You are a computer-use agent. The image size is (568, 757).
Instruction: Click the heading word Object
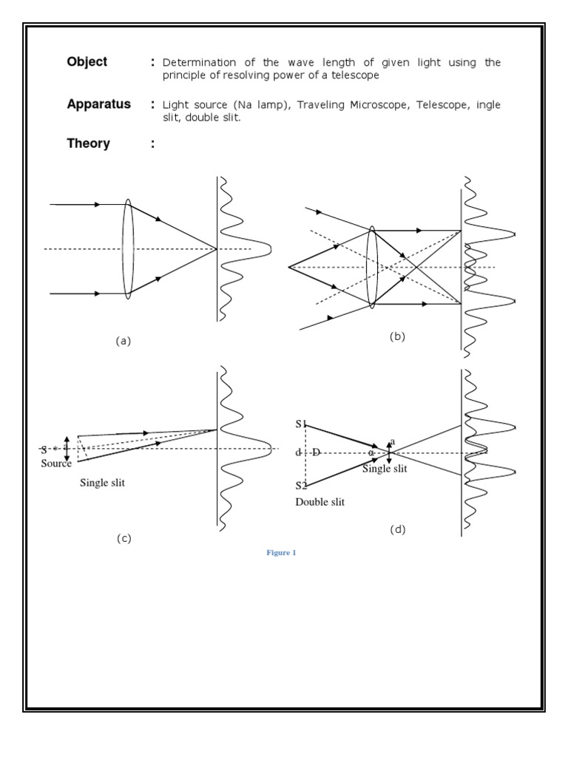(x=87, y=62)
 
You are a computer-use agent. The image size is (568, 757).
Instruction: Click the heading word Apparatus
(x=98, y=104)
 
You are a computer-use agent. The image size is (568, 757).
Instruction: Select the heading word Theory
(x=88, y=143)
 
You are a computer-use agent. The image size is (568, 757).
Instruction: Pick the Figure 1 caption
(x=280, y=553)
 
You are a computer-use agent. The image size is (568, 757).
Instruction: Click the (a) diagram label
(x=123, y=341)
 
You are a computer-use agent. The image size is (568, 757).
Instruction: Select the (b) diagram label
(x=398, y=336)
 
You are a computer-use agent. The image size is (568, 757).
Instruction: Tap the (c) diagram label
(x=124, y=538)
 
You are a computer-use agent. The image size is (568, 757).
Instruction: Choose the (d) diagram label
(x=398, y=529)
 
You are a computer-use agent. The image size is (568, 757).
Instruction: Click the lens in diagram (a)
(x=128, y=248)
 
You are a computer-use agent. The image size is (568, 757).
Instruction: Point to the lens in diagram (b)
(x=372, y=266)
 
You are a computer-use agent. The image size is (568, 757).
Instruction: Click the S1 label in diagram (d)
(x=301, y=424)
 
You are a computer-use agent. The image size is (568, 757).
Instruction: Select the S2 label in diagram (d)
(x=301, y=486)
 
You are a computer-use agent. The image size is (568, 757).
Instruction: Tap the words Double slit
(x=319, y=502)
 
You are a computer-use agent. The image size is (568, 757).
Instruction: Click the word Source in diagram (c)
(x=56, y=464)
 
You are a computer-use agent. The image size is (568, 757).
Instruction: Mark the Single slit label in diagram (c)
(x=104, y=483)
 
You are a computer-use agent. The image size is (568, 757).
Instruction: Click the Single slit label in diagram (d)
(x=384, y=469)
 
